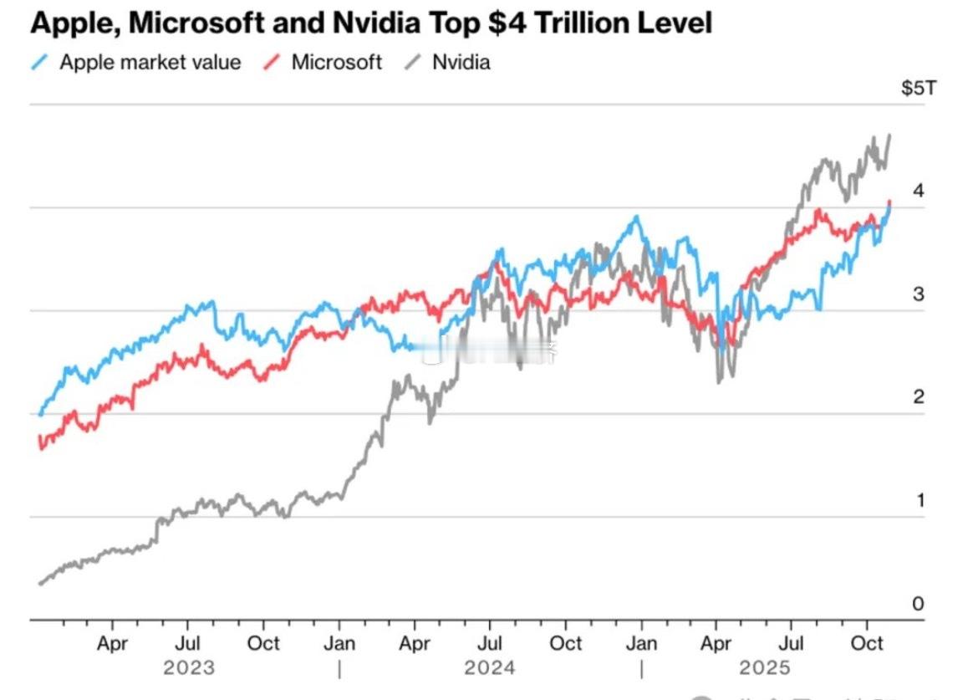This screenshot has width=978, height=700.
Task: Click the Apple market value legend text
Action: click(150, 62)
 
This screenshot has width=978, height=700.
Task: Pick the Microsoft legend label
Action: click(336, 62)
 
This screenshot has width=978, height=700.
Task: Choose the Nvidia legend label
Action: click(461, 62)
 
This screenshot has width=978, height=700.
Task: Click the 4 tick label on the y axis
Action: click(919, 191)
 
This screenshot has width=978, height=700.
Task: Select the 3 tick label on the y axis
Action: click(919, 294)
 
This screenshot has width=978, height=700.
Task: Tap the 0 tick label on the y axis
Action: click(919, 603)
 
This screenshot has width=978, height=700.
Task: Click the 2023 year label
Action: click(188, 667)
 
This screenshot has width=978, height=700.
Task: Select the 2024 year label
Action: click(490, 667)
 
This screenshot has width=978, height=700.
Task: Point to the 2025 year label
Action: click(764, 667)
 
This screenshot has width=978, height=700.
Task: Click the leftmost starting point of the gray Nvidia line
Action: click(39, 584)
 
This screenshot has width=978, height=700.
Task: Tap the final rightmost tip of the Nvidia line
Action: click(889, 135)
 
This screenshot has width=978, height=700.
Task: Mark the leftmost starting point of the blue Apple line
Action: click(39, 414)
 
